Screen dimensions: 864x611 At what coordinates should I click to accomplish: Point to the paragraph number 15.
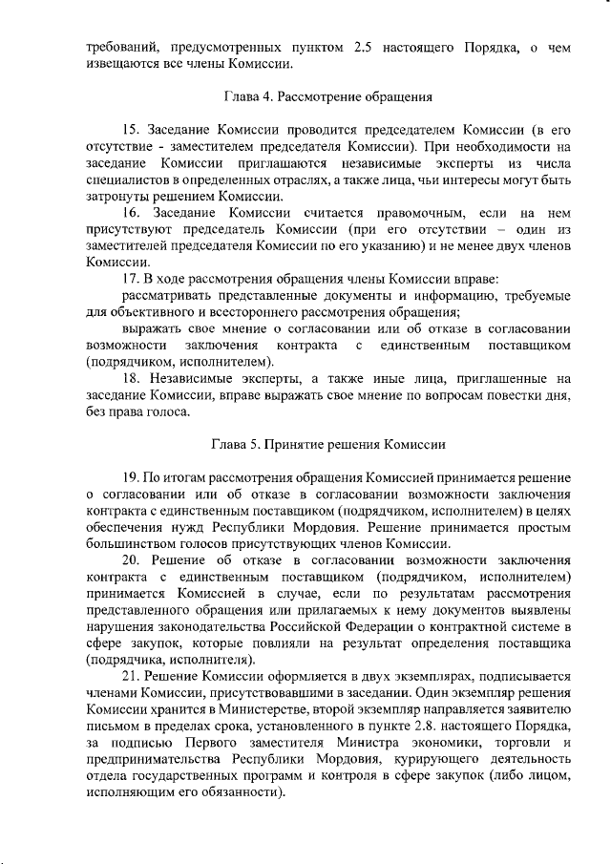coord(133,129)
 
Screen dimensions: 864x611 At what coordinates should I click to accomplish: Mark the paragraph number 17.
coord(133,278)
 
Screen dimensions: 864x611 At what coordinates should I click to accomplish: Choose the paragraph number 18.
coord(133,378)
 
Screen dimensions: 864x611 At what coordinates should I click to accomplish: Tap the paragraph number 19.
coord(133,477)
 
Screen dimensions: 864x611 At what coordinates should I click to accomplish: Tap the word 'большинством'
coord(128,543)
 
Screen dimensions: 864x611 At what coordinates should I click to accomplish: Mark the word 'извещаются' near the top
coord(121,64)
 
